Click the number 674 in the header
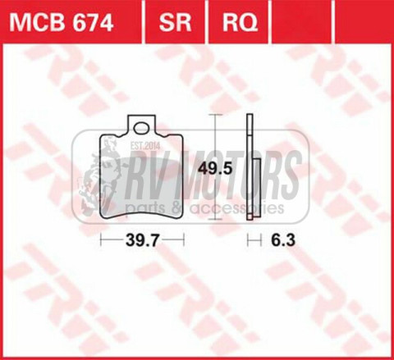pyautogui.click(x=89, y=19)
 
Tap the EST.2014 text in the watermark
pyautogui.click(x=144, y=146)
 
